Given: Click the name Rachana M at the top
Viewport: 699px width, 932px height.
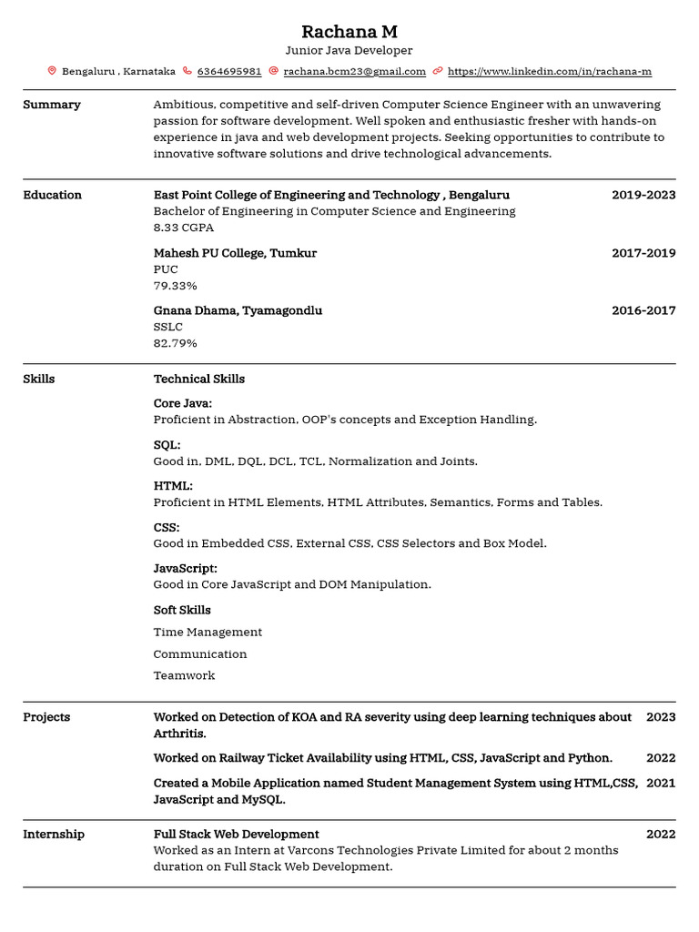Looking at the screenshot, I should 349,32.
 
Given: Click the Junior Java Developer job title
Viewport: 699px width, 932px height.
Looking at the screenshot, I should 349,51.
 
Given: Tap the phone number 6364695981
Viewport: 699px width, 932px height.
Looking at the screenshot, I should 229,71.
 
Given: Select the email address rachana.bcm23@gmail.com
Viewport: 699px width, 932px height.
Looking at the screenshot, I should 354,71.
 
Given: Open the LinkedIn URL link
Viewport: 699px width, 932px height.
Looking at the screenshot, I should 550,71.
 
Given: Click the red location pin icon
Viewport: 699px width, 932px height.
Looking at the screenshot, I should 52,71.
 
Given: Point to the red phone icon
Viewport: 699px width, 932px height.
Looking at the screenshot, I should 187,71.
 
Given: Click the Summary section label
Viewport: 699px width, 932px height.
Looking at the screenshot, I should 52,105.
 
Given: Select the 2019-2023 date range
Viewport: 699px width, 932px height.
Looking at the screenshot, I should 643,195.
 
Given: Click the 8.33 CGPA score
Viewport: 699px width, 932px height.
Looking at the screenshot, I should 184,228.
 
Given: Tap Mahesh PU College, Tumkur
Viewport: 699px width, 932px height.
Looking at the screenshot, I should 235,253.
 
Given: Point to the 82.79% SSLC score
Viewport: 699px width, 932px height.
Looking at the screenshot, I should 175,343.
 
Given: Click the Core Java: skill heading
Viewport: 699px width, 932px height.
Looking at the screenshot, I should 183,403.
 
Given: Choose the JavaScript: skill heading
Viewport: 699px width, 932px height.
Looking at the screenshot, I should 186,568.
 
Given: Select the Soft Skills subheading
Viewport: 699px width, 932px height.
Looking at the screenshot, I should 182,610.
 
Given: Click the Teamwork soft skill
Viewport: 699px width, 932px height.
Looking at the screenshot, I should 184,675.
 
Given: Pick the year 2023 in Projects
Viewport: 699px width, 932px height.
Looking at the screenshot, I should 661,717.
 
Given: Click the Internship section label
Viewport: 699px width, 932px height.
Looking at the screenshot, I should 54,835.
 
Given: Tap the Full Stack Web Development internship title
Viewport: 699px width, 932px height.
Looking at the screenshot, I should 236,835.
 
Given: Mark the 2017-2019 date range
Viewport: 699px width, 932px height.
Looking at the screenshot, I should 643,253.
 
